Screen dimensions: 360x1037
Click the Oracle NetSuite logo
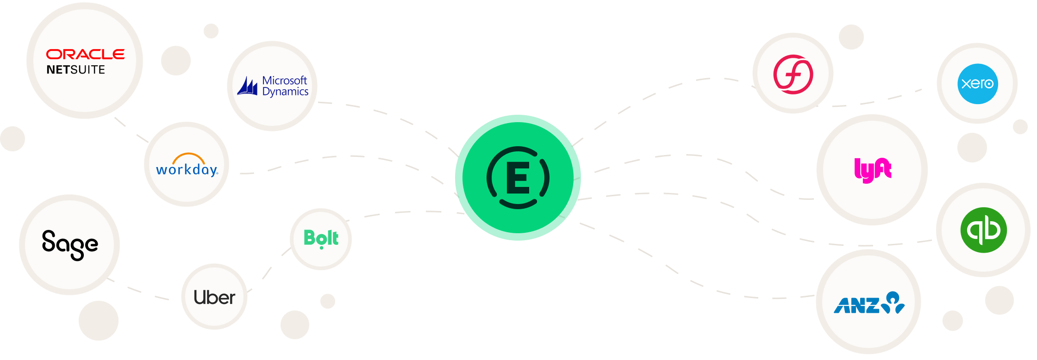(85, 61)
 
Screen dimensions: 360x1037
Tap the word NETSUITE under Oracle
(76, 70)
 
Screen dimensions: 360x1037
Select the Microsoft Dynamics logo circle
(272, 86)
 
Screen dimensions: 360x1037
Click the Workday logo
(187, 169)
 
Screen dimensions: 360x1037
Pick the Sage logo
(70, 245)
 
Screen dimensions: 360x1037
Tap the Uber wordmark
(214, 298)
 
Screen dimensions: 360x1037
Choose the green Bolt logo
(321, 239)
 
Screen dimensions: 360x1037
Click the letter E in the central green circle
(518, 178)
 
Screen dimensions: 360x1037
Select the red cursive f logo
(793, 74)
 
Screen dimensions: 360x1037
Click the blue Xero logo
(977, 84)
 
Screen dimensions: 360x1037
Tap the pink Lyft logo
(873, 170)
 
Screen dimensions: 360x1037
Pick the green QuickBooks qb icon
(983, 230)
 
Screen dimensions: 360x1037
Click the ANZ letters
(856, 305)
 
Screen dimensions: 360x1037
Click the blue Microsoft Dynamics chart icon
(248, 87)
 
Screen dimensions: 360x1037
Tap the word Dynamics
(285, 92)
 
